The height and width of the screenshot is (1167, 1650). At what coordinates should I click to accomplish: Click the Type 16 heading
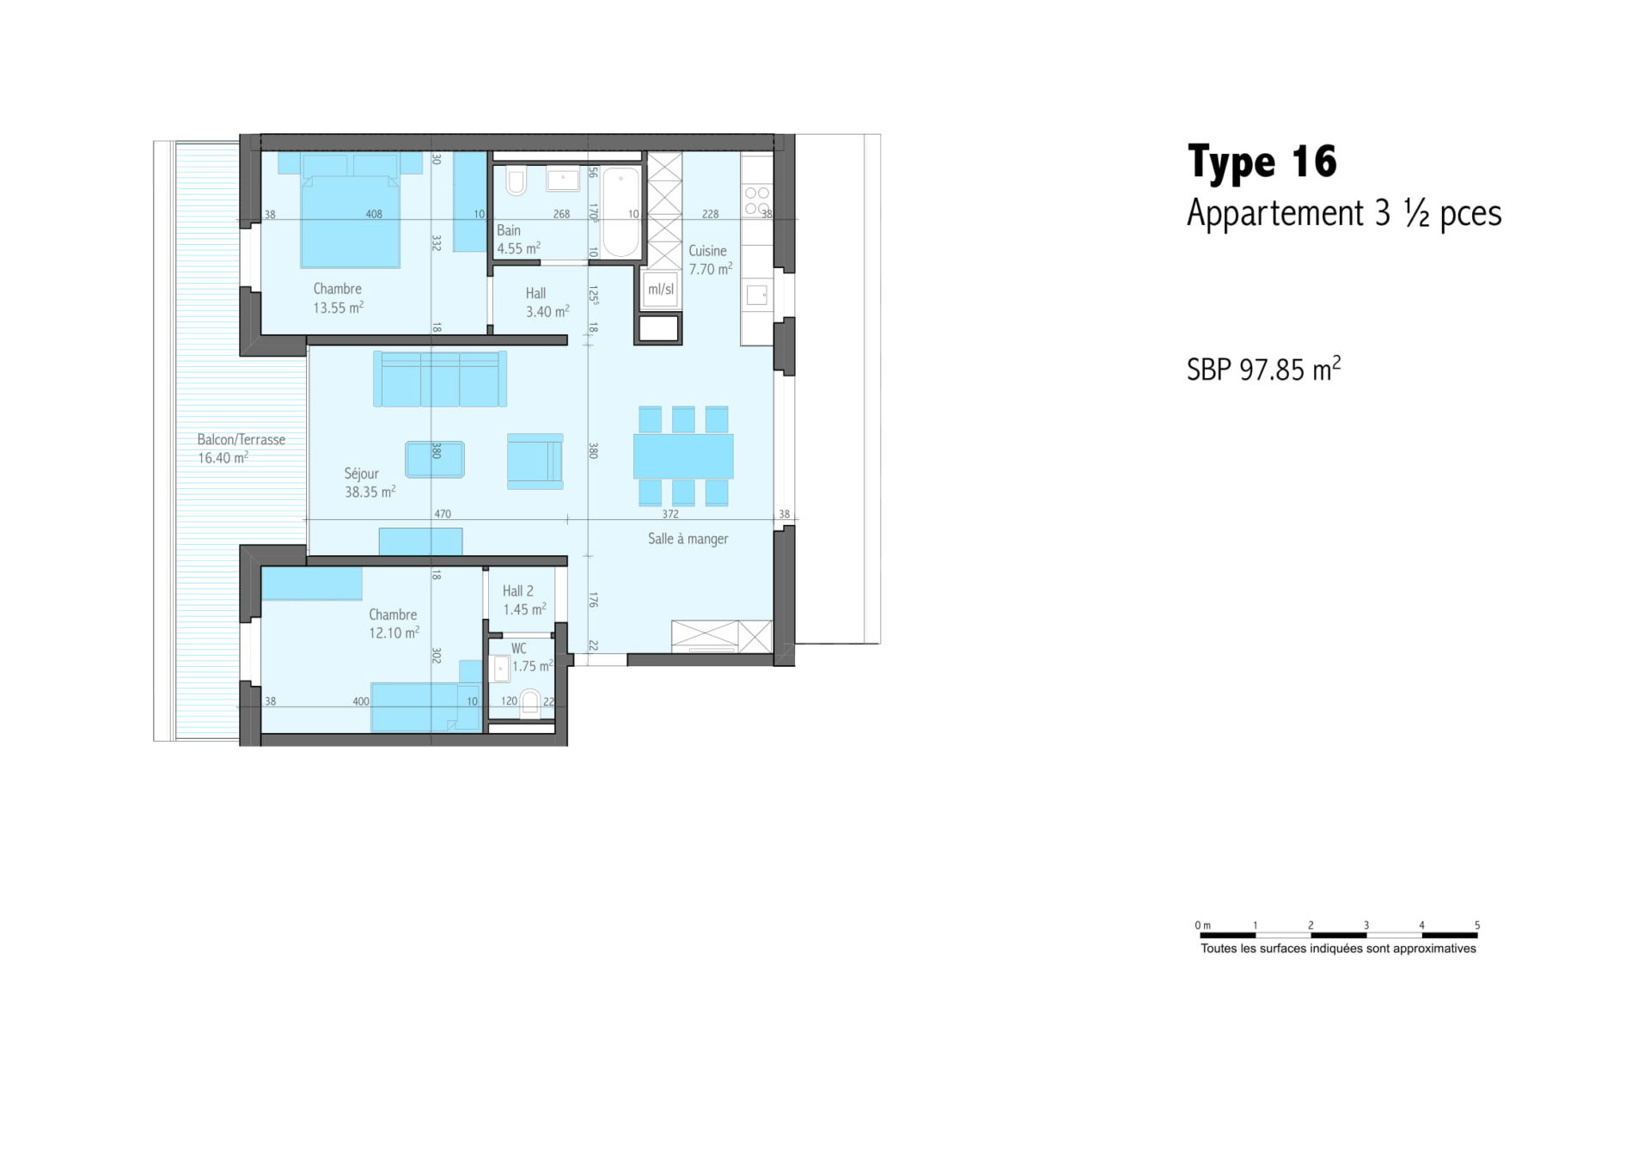(1262, 162)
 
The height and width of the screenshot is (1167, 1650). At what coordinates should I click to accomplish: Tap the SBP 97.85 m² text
(1263, 369)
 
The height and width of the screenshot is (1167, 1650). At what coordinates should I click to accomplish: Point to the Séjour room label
(361, 474)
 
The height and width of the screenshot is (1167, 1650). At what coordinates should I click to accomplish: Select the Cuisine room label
(707, 251)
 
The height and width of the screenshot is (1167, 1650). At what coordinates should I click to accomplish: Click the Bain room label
(509, 230)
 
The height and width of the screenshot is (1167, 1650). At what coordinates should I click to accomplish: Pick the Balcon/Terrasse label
(241, 439)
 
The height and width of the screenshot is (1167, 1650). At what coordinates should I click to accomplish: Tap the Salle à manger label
(687, 539)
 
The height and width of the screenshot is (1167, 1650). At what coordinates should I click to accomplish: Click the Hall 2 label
(517, 591)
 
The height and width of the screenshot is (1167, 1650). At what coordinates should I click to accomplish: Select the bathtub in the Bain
(620, 212)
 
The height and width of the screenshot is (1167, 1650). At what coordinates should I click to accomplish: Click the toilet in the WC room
(530, 703)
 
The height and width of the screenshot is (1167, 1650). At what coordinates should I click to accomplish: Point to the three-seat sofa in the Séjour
(440, 378)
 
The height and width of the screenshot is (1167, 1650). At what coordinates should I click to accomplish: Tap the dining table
(683, 456)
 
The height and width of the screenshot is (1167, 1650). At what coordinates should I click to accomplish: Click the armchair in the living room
(535, 461)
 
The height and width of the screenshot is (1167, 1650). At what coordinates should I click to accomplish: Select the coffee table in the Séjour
(435, 460)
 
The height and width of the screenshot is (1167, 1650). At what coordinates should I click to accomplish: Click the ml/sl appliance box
(661, 290)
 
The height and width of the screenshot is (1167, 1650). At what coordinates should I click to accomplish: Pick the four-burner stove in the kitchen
(757, 202)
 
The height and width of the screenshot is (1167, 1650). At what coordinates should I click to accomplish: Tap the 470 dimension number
(443, 514)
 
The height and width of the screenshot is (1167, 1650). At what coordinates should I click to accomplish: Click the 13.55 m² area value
(339, 308)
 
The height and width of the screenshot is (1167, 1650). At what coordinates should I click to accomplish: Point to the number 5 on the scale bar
(1477, 926)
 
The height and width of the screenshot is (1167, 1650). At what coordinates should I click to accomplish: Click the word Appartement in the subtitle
(1275, 213)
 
